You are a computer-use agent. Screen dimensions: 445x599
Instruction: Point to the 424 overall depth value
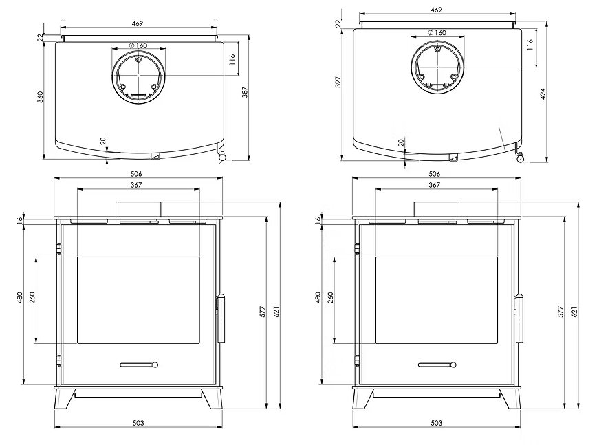tap(543, 94)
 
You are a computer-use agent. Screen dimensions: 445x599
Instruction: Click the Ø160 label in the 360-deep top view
tap(138, 45)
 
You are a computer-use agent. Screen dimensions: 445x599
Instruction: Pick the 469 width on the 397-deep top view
tap(436, 10)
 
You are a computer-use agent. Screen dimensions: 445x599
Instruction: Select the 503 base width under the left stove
tap(138, 423)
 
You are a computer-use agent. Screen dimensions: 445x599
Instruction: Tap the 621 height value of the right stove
tap(574, 311)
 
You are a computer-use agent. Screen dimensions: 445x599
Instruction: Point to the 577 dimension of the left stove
tap(263, 311)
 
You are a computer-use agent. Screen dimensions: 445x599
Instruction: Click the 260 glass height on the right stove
tap(331, 299)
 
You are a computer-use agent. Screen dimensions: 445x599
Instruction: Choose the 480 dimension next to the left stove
tap(21, 299)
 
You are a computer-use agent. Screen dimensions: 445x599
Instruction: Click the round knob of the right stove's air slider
tap(453, 365)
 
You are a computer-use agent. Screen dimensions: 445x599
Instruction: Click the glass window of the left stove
tap(138, 300)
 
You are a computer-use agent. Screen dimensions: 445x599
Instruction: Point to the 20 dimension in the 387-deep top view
tap(103, 140)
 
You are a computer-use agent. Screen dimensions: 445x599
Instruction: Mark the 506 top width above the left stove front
tap(138, 175)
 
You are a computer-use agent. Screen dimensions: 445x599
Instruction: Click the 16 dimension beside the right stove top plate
tap(318, 219)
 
